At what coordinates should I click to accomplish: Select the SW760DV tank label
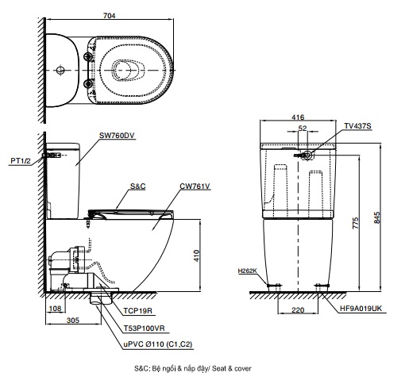(x=118, y=136)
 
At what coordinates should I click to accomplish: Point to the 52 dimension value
(x=303, y=128)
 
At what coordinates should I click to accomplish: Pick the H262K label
(x=247, y=271)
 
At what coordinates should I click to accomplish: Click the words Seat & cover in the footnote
(x=233, y=370)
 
